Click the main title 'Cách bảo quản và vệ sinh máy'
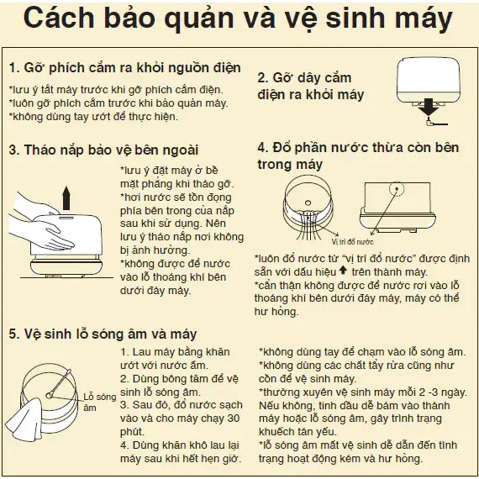[x=238, y=18]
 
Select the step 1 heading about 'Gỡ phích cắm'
[x=125, y=68]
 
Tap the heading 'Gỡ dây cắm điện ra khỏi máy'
[x=311, y=87]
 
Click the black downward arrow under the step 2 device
[x=429, y=107]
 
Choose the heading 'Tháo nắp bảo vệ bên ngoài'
[x=103, y=150]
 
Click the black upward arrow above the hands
[x=66, y=198]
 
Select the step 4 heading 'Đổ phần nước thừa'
[x=358, y=155]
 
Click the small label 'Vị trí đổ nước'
[x=353, y=242]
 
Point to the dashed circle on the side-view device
[x=397, y=188]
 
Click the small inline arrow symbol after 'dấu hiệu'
[x=344, y=270]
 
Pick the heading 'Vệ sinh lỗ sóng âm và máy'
[x=103, y=334]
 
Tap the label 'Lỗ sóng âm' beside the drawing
[x=100, y=402]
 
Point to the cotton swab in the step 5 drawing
[x=58, y=382]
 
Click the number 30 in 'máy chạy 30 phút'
[x=233, y=418]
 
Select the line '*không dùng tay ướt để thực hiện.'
[x=93, y=117]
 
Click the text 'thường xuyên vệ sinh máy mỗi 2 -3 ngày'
[x=363, y=392]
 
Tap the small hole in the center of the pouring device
[x=308, y=203]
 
